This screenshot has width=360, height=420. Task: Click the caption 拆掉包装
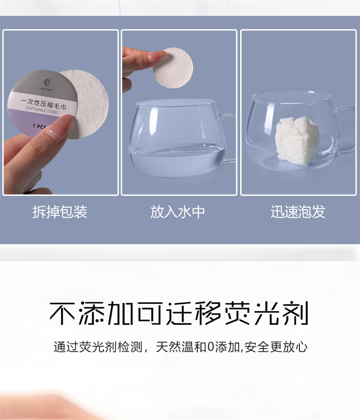pyautogui.click(x=60, y=212)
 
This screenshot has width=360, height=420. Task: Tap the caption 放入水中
pyautogui.click(x=178, y=212)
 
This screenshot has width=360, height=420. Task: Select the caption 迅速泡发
pyautogui.click(x=298, y=212)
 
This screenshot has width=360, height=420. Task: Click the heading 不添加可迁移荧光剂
pyautogui.click(x=179, y=313)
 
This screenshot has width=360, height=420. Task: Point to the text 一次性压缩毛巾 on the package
pyautogui.click(x=44, y=104)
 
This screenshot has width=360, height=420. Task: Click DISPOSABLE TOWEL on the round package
pyautogui.click(x=42, y=110)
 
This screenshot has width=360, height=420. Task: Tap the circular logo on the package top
pyautogui.click(x=47, y=83)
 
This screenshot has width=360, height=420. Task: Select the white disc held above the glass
pyautogui.click(x=173, y=68)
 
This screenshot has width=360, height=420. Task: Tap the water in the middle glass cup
pyautogui.click(x=177, y=161)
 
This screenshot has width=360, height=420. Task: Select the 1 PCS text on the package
pyautogui.click(x=39, y=126)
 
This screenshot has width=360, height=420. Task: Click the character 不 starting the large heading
pyautogui.click(x=62, y=313)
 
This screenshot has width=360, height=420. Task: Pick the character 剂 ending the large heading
pyautogui.click(x=296, y=313)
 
